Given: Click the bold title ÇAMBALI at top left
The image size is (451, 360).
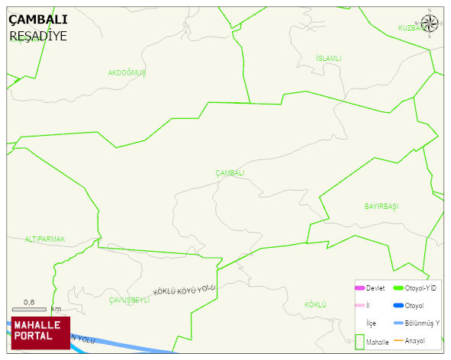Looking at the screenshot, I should click(38, 19).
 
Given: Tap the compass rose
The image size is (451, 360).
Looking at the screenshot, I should click(430, 21).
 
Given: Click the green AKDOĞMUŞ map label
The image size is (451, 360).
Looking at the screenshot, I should click(127, 72).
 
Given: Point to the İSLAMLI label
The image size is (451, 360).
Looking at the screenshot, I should click(328, 58).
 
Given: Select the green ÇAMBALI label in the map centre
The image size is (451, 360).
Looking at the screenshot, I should click(230, 173).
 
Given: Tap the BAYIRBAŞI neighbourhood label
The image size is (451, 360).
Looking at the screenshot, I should click(382, 207).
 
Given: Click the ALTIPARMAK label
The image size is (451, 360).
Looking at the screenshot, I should click(45, 239).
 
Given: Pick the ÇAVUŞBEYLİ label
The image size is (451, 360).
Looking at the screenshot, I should click(129, 300).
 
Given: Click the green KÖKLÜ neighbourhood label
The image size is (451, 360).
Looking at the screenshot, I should click(315, 304).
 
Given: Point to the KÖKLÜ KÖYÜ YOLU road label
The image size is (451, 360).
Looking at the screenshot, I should click(185, 289).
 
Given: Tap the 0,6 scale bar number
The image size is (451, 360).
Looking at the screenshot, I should click(29, 302).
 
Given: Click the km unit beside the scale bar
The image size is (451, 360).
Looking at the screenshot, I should click(56, 309).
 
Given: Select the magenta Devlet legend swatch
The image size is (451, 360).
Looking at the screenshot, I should click(360, 288).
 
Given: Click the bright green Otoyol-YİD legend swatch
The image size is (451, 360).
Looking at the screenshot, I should click(398, 288).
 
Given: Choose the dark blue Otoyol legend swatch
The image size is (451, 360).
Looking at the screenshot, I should click(398, 306).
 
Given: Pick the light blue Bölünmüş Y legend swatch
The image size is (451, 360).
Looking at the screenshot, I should click(398, 323).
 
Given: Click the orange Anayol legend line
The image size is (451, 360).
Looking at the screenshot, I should click(398, 339).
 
